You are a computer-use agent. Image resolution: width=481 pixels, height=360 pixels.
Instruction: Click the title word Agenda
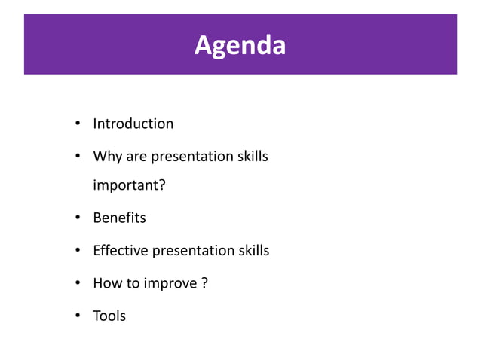tap(240, 45)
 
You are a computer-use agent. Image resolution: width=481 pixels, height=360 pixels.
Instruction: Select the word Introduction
tap(133, 124)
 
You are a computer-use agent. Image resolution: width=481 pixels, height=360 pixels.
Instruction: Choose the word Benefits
tap(119, 218)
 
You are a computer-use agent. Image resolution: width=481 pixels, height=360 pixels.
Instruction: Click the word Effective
tap(121, 251)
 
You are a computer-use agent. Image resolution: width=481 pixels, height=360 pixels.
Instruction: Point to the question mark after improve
tap(205, 284)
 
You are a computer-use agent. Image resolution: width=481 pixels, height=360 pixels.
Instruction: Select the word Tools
tap(109, 316)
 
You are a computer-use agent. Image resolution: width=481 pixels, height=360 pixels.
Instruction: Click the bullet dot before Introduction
tap(77, 124)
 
